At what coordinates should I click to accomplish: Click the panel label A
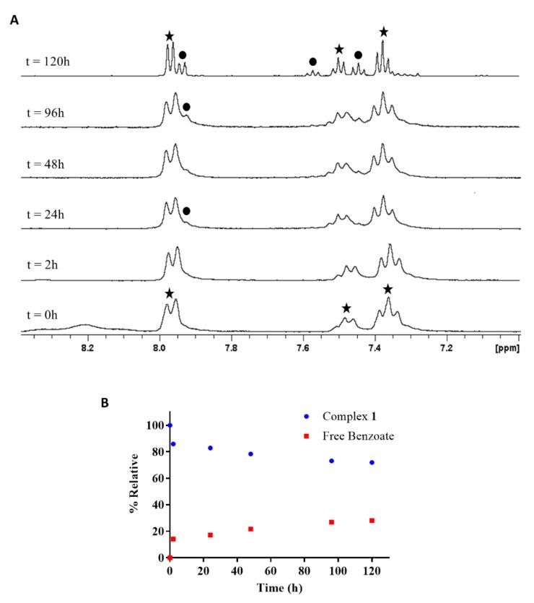14,19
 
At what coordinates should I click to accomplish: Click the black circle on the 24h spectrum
186,211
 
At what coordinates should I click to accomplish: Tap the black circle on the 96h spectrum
186,107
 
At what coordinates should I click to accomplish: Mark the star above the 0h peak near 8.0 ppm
169,293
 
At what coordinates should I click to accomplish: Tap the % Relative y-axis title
133,490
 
